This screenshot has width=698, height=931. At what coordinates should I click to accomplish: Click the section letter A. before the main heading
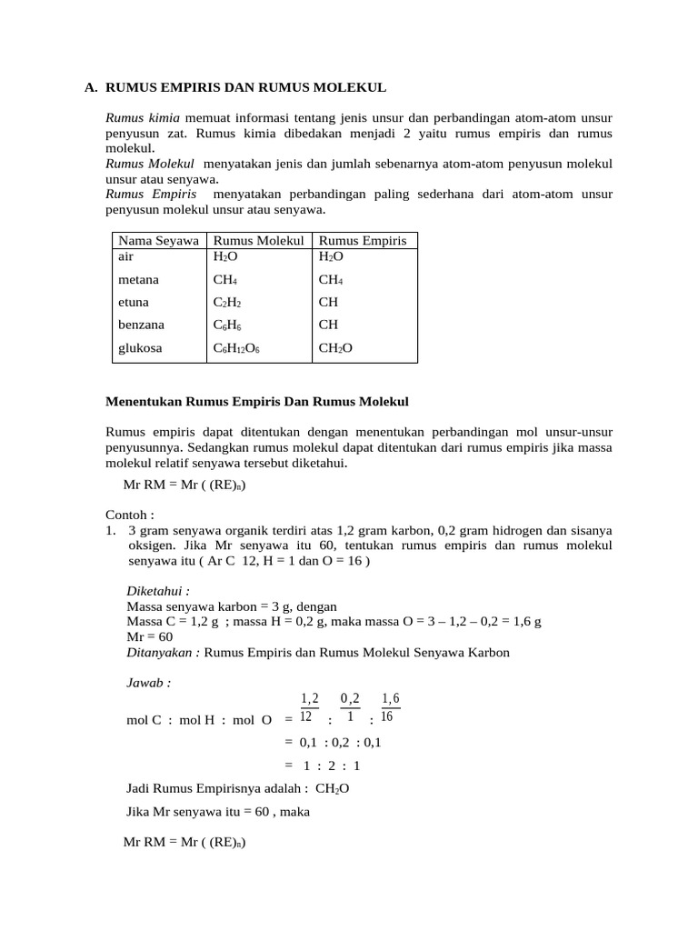tap(91, 88)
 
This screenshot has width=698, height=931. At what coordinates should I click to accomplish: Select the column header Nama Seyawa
tap(159, 241)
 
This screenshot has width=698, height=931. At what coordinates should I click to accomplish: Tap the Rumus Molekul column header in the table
tap(258, 241)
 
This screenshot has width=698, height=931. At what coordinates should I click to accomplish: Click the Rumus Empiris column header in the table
tap(363, 241)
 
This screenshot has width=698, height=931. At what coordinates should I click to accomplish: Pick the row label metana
tap(138, 280)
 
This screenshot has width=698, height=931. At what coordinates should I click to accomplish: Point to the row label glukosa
tap(140, 347)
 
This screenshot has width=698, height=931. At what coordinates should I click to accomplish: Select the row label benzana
tap(142, 325)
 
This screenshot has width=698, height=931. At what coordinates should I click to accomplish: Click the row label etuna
tap(134, 302)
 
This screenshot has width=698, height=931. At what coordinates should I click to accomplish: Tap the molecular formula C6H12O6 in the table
tap(236, 347)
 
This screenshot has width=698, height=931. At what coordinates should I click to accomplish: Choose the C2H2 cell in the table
tap(227, 302)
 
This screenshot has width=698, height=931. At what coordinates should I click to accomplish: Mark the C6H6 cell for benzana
tap(227, 325)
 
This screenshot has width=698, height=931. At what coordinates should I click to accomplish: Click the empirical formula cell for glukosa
tap(334, 347)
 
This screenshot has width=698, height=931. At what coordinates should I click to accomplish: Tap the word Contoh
tap(129, 514)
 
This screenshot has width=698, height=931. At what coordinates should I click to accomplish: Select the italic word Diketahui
tap(158, 590)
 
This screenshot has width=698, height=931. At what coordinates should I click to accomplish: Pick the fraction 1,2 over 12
tap(310, 707)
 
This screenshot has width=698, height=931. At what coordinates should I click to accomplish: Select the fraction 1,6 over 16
tap(390, 707)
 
